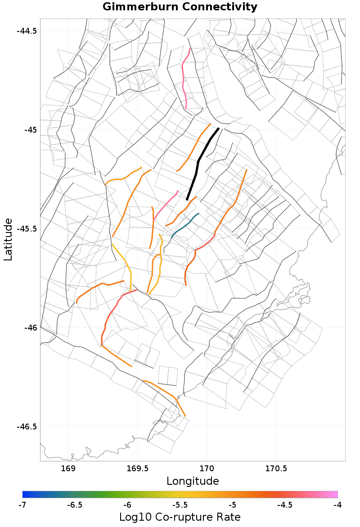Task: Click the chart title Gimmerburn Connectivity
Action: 180,7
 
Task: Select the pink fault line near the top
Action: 184,79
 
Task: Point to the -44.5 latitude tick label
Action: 27,31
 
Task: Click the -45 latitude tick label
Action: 30,130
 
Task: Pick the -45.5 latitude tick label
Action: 27,229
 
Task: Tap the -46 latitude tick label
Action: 30,327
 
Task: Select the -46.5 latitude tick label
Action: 27,426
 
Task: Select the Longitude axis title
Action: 193,481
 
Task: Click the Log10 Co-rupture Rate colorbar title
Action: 180,517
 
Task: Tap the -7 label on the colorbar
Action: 22,505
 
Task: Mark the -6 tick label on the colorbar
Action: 127,505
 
